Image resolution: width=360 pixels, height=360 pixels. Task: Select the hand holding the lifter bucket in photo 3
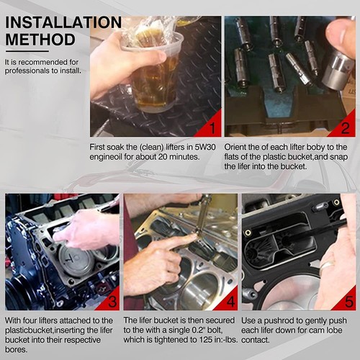point(86,229)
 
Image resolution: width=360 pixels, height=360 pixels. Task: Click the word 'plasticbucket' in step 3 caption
point(29,330)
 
